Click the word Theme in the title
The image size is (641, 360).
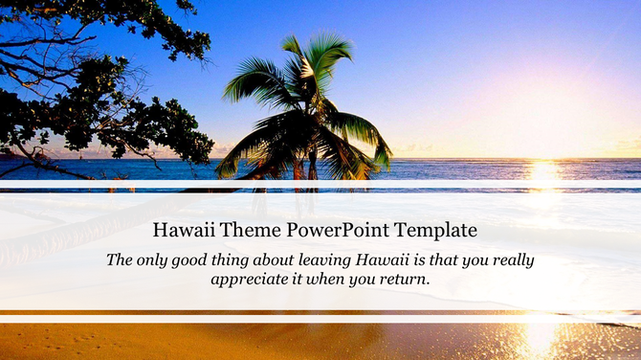(x=239, y=231)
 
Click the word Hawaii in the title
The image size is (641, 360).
(x=185, y=231)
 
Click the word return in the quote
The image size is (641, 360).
(x=406, y=280)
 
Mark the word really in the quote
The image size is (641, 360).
(x=510, y=259)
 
